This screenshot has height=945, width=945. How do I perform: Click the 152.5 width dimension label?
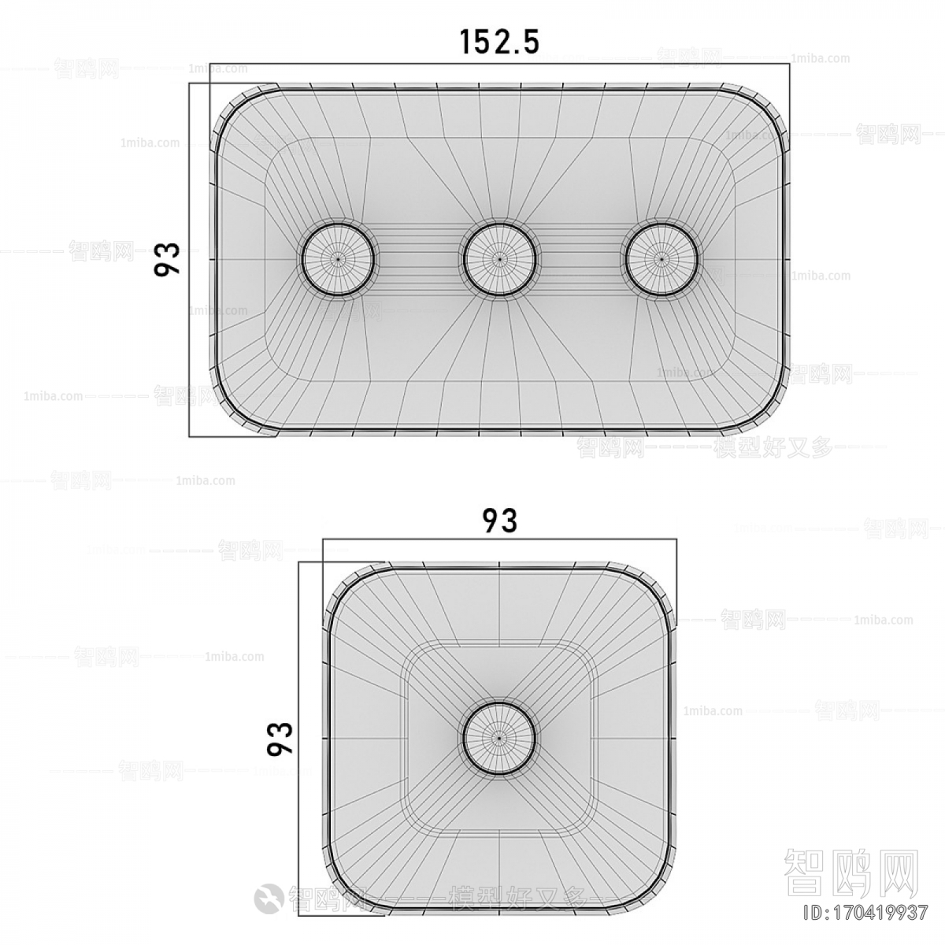pos(499,42)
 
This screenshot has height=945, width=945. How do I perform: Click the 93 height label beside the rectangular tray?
pos(167,259)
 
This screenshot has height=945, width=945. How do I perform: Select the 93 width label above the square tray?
pos(500,521)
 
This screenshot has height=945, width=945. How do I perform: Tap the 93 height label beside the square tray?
pos(280,738)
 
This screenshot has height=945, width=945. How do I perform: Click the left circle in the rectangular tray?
pos(339,258)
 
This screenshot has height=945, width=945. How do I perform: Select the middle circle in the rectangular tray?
pos(499,258)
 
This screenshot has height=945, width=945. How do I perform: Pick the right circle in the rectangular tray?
pos(661,258)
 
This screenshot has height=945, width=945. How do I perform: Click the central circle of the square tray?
pos(499,738)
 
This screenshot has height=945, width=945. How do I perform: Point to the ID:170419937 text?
pos(863,914)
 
